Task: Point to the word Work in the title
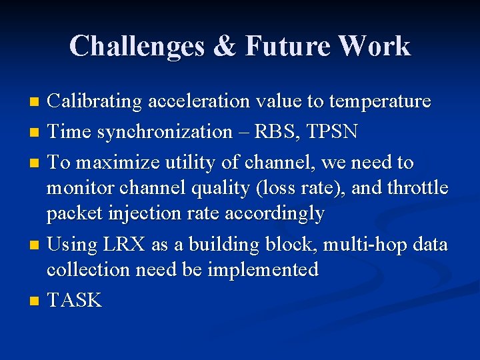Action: [x=374, y=47]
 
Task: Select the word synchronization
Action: [x=165, y=132]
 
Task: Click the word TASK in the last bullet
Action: [x=74, y=301]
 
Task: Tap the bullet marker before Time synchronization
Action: [x=36, y=133]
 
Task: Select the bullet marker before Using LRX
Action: [x=36, y=245]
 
